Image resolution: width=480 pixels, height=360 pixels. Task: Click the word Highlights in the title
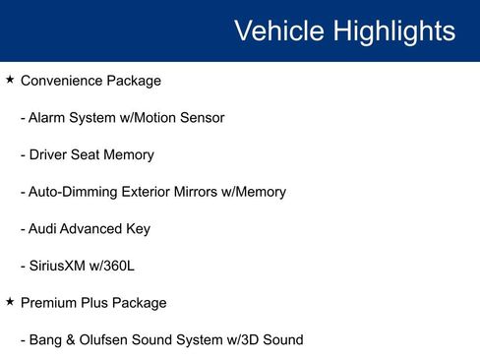394,30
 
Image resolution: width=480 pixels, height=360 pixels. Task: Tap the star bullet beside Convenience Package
10,80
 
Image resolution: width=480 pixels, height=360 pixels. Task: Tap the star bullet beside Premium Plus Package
10,302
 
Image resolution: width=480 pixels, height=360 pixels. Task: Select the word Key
138,229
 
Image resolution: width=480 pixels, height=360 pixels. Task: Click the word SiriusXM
61,266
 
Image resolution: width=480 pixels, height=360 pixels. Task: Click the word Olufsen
108,340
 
